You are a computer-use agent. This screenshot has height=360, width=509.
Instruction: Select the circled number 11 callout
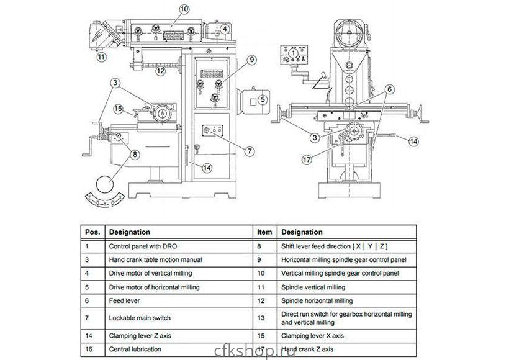tap(101, 57)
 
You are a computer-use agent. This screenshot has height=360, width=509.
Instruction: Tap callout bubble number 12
tap(160, 71)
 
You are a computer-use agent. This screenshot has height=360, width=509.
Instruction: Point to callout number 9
tap(251, 60)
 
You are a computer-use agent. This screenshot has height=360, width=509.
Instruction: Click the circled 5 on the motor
tap(263, 99)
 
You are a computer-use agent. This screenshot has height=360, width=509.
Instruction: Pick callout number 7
tap(250, 150)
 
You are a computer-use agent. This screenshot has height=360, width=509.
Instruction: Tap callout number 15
tap(119, 109)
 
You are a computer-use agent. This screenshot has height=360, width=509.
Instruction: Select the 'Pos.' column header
tap(92, 232)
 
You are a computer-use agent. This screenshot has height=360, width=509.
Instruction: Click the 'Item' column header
tap(264, 232)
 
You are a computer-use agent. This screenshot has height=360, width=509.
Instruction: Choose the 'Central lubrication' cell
tap(135, 349)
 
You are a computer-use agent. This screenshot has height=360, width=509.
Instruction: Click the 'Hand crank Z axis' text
tap(311, 349)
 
